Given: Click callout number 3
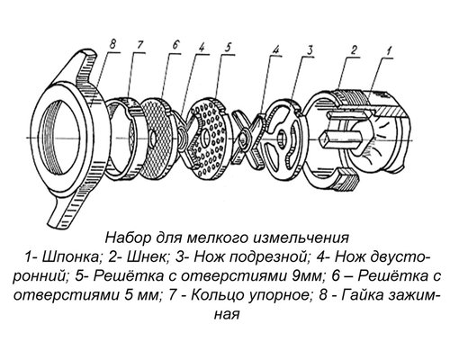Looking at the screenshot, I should coord(308,50).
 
